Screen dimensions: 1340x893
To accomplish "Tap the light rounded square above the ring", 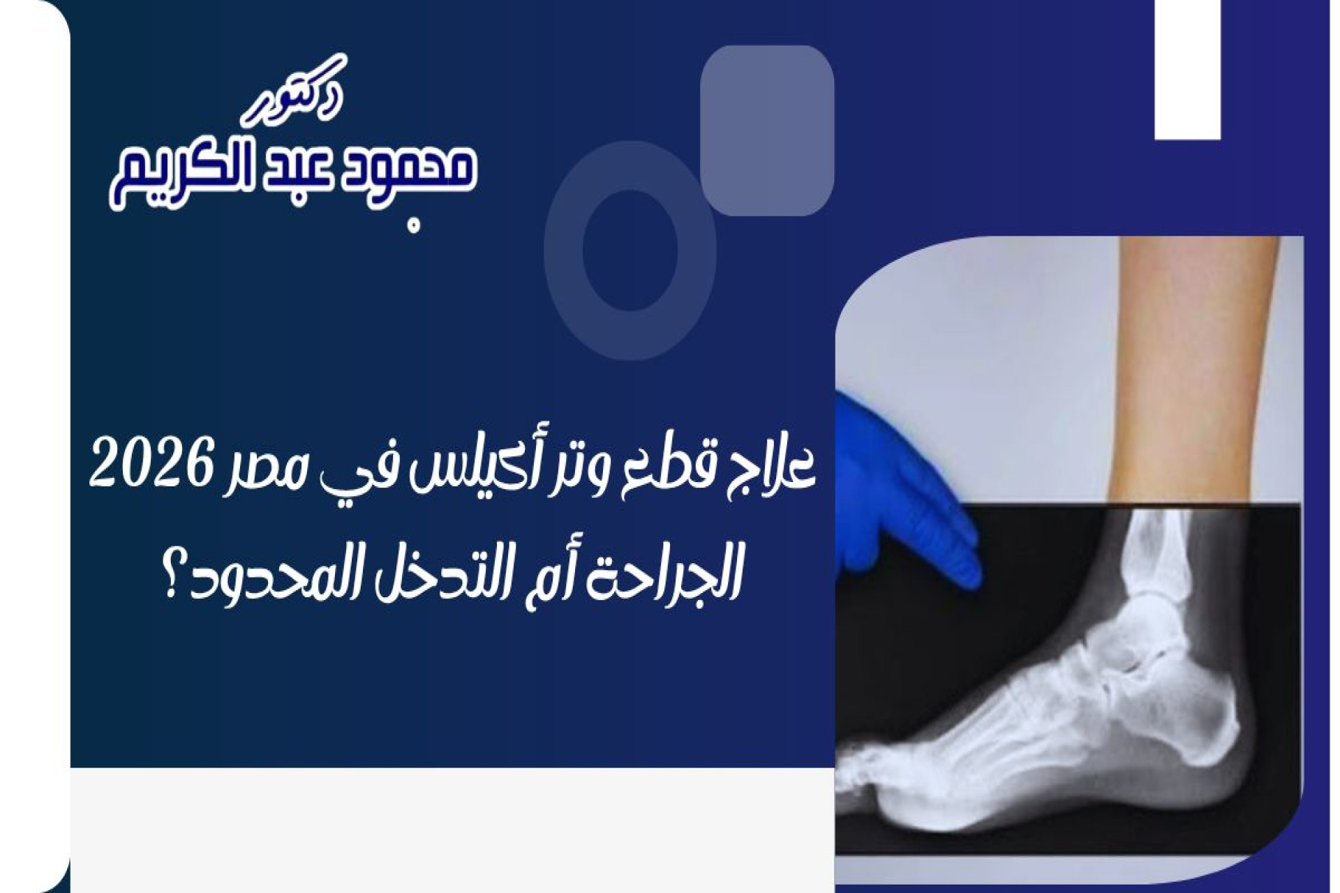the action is [x=767, y=130].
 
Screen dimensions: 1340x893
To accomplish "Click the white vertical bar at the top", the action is [x=1187, y=69].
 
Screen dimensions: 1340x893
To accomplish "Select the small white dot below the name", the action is [x=415, y=226].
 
